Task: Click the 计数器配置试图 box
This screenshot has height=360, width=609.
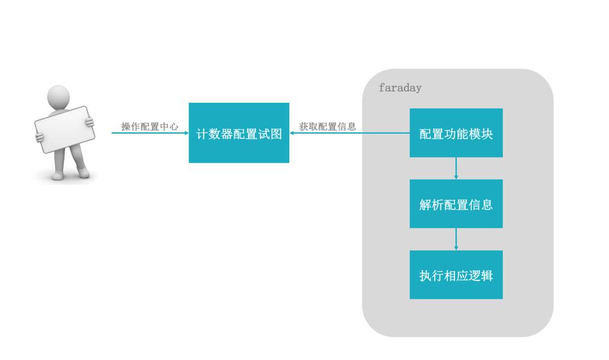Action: point(239,133)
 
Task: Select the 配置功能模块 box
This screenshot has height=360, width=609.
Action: point(456,133)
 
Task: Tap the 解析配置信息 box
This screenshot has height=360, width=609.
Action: point(456,204)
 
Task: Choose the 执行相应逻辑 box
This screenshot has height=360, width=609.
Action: point(456,275)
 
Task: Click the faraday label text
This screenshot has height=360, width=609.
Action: point(400,88)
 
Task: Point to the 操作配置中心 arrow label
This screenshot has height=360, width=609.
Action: point(149,126)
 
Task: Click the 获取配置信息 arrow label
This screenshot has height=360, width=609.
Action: point(327,126)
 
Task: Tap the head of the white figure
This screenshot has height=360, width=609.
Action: point(58,96)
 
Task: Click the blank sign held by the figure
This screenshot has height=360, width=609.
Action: point(64,129)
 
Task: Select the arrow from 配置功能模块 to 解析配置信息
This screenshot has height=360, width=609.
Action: point(456,168)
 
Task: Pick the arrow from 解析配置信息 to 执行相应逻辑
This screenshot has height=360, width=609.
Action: point(456,239)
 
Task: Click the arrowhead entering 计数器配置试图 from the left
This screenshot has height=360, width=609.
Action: point(186,133)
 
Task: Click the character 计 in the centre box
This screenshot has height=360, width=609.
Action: point(202,134)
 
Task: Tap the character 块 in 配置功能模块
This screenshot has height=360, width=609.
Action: point(487,134)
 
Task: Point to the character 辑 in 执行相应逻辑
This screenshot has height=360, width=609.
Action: point(487,276)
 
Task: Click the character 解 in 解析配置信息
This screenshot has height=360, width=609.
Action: point(425,205)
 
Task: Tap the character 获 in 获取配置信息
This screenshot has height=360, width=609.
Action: point(304,126)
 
